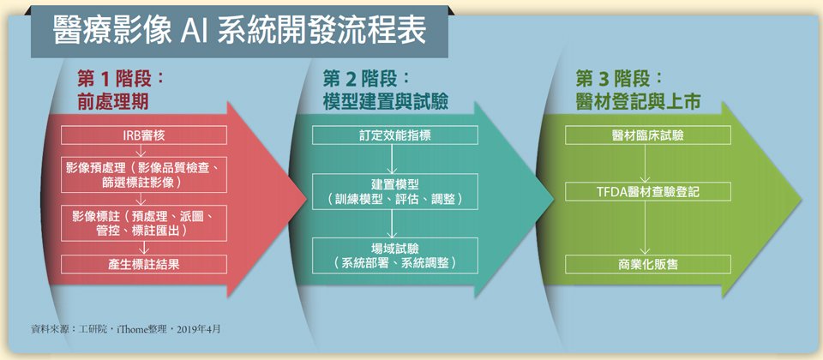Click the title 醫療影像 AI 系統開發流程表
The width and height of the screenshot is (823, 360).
239,33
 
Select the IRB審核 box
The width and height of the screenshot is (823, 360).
144,135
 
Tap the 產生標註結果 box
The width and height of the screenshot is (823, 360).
144,264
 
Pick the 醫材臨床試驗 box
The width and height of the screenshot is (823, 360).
648,135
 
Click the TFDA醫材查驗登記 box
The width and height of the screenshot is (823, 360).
648,191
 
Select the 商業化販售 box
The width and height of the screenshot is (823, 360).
648,264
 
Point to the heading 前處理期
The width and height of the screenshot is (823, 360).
112,102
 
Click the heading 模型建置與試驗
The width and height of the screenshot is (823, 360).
385,102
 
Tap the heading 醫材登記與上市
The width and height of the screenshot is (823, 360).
638,102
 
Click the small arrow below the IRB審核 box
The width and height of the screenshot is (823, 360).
141,151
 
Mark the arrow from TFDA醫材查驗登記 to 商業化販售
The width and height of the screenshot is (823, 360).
645,228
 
